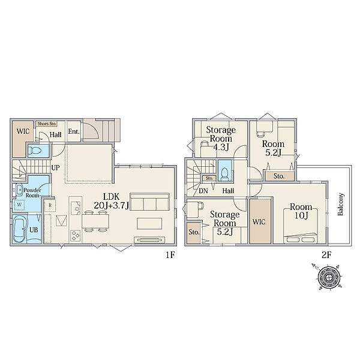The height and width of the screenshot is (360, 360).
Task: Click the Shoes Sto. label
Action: [x=47, y=124]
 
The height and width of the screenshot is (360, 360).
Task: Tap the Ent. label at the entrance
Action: [x=74, y=131]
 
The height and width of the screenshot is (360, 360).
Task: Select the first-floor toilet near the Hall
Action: [x=35, y=151]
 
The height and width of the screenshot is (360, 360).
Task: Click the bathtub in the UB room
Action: [x=19, y=229]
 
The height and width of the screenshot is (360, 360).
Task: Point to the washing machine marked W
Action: [x=20, y=205]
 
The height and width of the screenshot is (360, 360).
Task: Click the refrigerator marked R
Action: [x=50, y=205]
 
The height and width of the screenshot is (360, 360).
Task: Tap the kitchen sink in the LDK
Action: [x=76, y=208]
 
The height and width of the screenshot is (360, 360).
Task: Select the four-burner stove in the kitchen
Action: [x=76, y=235]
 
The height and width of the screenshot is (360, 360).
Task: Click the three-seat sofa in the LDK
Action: [x=149, y=202]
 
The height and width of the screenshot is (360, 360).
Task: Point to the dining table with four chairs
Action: [x=95, y=221]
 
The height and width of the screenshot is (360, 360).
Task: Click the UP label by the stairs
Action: [x=55, y=168]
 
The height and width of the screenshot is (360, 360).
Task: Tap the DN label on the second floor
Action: [x=203, y=191]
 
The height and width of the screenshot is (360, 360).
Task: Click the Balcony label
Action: [x=340, y=204]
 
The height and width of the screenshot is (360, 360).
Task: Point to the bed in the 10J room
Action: [x=301, y=226]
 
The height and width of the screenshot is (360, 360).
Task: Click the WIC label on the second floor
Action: [x=259, y=222]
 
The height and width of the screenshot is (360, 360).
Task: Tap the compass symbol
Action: [x=329, y=277]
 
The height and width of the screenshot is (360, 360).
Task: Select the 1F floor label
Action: [x=170, y=255]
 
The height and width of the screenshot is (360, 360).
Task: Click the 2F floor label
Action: [x=326, y=255]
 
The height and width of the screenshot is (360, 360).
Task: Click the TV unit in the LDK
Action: [x=149, y=240]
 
